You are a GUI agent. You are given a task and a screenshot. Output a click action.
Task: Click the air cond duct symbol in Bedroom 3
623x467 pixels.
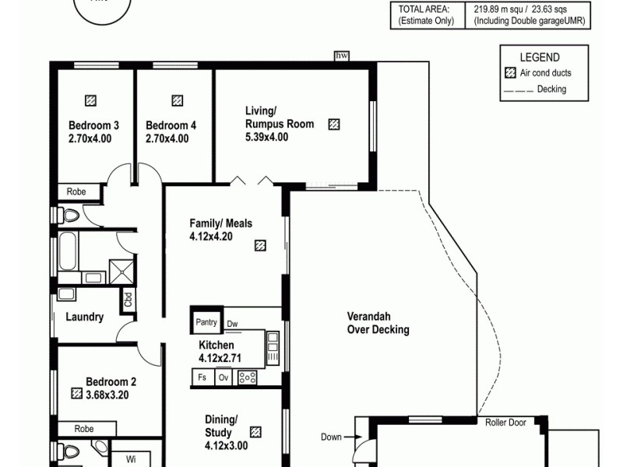point(92,100)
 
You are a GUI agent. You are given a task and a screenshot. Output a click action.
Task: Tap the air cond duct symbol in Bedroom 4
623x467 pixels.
point(177,100)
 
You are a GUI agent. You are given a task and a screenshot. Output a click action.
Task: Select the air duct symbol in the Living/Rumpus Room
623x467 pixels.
point(334,124)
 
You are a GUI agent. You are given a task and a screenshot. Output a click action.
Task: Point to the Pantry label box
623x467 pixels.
point(206,322)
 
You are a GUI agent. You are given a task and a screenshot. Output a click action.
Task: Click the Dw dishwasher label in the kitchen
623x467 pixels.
point(232,324)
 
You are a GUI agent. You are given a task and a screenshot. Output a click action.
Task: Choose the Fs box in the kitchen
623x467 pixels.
point(202,377)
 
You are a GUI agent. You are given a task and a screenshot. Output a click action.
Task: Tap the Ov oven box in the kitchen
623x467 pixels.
point(224,377)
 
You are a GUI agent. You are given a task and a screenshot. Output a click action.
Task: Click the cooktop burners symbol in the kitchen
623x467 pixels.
point(248,377)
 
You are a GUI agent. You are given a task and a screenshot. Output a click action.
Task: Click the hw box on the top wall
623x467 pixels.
point(340,55)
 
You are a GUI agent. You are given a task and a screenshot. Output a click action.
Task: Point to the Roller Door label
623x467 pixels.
point(505,423)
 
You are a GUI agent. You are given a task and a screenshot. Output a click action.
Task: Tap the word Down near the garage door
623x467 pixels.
point(331,437)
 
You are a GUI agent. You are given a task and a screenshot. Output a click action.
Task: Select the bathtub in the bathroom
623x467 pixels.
point(68,252)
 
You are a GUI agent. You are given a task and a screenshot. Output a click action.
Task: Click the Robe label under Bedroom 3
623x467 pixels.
point(76,191)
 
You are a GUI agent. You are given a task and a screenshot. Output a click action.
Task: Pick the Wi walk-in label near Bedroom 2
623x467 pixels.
point(131,459)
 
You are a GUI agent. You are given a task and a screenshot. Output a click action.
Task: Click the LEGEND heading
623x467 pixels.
point(540,58)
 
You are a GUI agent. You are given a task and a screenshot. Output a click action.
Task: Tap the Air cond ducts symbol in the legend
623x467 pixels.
point(511,74)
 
